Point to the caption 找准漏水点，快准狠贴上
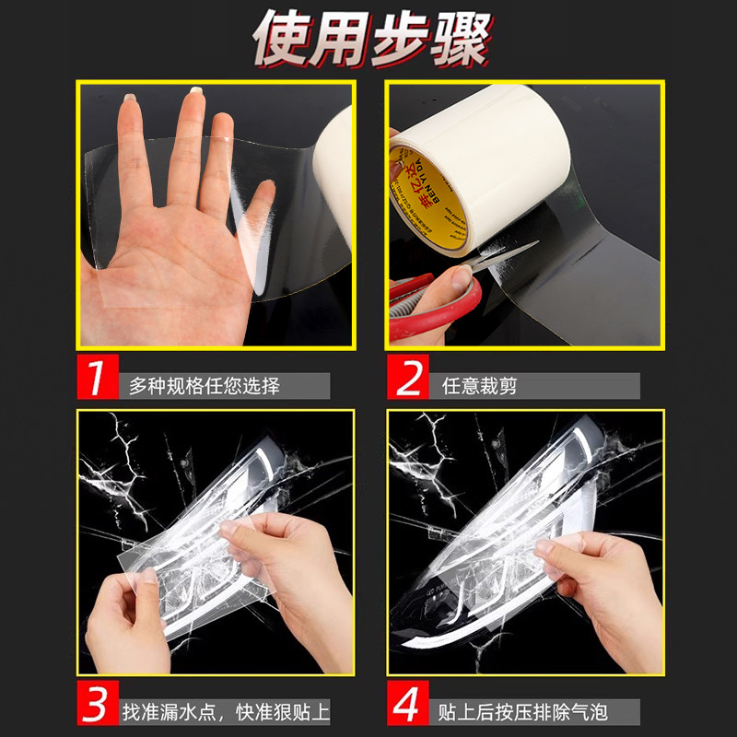click(x=226, y=712)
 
